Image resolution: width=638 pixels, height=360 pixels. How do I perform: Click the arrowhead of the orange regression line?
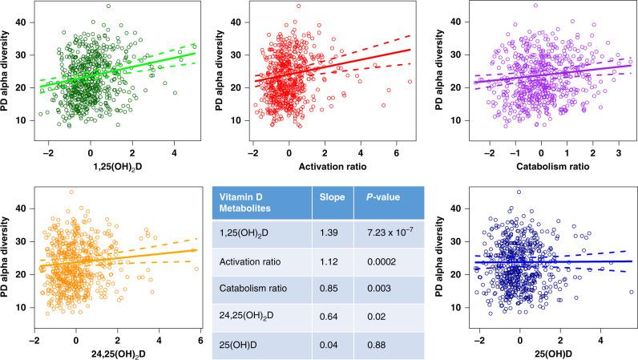click(195, 250)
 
